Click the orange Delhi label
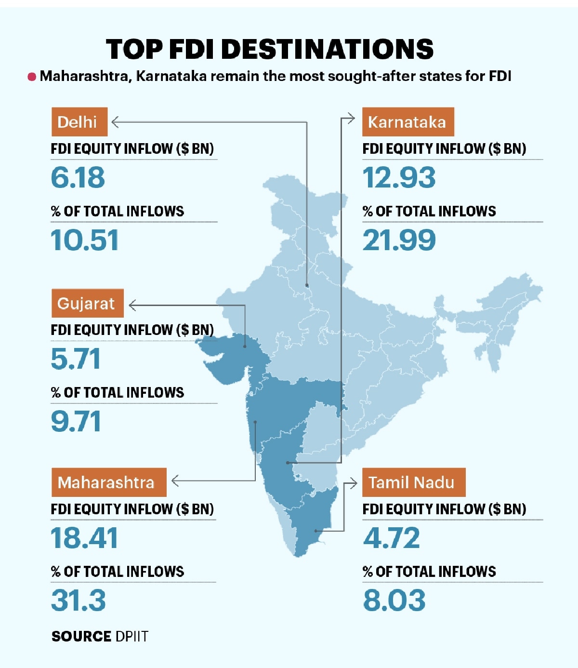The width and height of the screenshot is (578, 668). (x=79, y=122)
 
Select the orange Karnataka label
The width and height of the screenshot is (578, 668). (x=408, y=122)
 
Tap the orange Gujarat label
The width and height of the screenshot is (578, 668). (x=88, y=303)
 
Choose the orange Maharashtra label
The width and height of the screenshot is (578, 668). (x=109, y=482)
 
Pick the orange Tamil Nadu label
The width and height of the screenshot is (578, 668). (x=414, y=482)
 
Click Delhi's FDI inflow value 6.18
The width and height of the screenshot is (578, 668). (x=78, y=177)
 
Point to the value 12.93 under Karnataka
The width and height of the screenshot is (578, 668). (x=399, y=177)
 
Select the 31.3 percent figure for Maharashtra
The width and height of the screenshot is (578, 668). (x=79, y=600)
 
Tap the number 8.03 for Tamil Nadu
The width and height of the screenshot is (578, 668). (x=394, y=600)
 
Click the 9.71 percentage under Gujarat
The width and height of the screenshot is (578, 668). (x=76, y=421)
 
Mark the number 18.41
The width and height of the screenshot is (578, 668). (x=84, y=538)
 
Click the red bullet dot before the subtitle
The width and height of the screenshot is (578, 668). (x=32, y=77)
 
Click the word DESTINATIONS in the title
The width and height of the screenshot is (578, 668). (x=328, y=49)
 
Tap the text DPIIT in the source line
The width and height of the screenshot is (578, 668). (x=132, y=636)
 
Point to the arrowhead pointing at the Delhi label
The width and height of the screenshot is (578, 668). (x=115, y=122)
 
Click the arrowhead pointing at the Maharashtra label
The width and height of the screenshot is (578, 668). (x=175, y=481)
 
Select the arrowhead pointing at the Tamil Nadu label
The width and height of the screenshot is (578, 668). (x=354, y=483)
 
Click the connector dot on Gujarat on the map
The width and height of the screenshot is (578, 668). (x=245, y=347)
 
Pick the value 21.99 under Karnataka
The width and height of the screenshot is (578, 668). (x=399, y=240)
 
